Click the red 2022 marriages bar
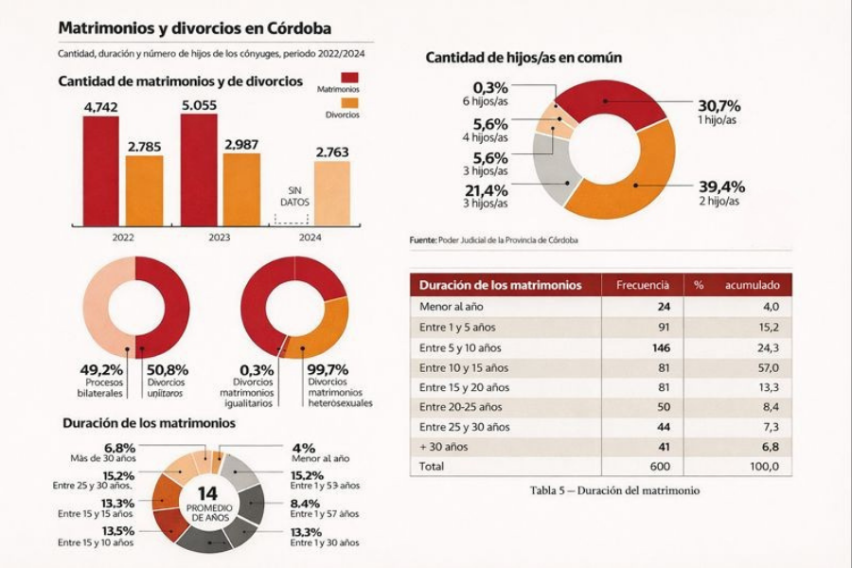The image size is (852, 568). [x=100, y=171]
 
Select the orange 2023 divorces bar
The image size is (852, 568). [x=241, y=189]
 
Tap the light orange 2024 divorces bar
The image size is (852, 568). [x=331, y=193]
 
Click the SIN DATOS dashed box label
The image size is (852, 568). [x=293, y=196]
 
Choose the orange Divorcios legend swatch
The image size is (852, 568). [x=350, y=102]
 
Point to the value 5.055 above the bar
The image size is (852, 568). [x=200, y=107]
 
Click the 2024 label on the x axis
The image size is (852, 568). [x=311, y=238]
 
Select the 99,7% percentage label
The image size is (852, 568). [x=328, y=369]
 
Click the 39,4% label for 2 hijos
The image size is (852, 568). [x=721, y=186]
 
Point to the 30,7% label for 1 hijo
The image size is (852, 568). [x=719, y=106]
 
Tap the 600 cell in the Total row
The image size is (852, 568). [x=659, y=466]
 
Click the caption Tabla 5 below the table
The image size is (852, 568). [x=614, y=490]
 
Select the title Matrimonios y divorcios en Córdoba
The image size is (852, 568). [x=194, y=28]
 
